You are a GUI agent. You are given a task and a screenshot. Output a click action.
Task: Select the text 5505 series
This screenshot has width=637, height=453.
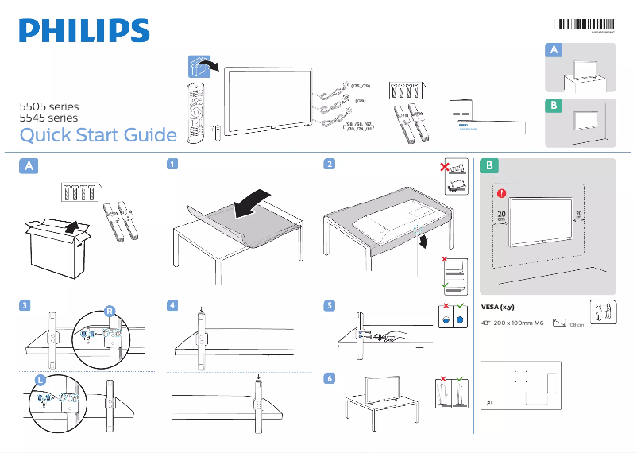click(x=49, y=106)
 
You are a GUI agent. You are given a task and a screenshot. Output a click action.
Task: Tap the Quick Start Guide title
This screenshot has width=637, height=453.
click(x=98, y=135)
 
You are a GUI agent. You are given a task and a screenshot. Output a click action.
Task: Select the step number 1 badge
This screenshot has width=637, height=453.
click(x=172, y=165)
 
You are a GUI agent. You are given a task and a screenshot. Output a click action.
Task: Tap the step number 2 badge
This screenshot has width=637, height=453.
click(x=329, y=165)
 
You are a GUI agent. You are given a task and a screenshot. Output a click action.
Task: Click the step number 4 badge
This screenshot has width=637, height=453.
click(x=172, y=305)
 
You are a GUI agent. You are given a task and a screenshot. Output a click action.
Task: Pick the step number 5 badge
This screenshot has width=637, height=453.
click(x=329, y=305)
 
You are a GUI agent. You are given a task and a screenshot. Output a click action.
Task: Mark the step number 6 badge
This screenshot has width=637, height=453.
click(x=329, y=377)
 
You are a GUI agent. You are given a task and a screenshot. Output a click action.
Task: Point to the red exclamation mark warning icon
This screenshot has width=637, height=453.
click(x=501, y=192)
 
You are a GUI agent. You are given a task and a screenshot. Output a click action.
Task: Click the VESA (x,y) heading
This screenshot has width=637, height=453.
click(x=500, y=308)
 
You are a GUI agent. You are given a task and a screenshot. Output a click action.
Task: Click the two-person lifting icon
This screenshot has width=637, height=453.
click(x=602, y=312)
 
